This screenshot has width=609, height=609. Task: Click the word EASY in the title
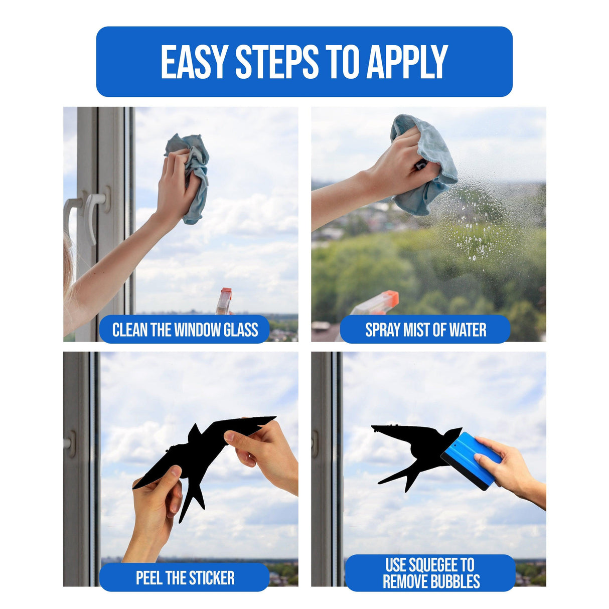194,62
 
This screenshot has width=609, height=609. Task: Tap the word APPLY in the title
407,62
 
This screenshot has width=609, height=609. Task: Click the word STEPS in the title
277,62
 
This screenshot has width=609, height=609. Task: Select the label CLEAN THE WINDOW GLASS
185,330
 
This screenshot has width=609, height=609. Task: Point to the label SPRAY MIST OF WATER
425,330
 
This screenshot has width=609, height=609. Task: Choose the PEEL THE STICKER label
185,577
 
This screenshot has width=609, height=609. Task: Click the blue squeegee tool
470,460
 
